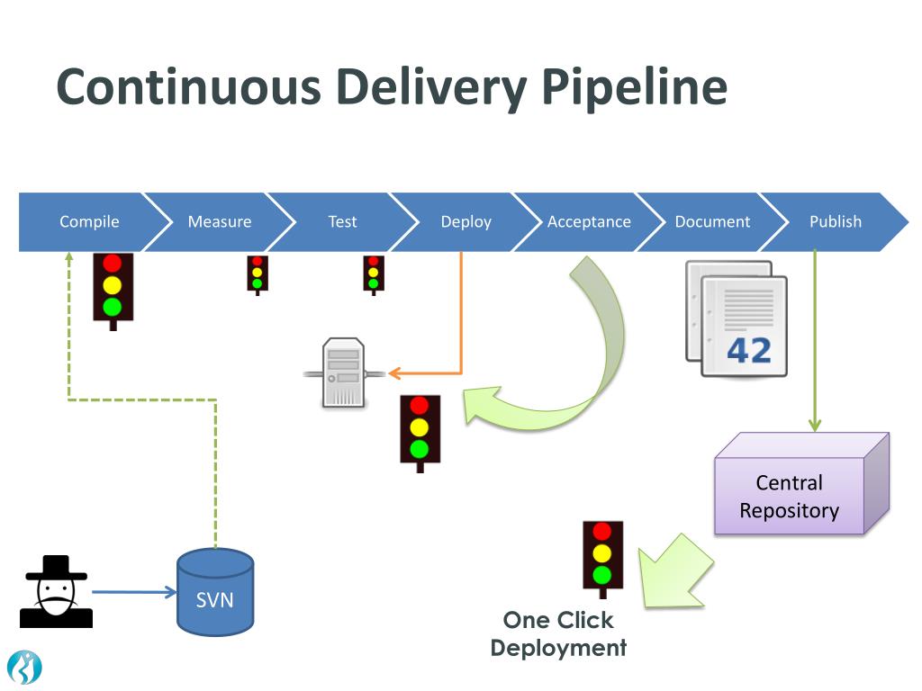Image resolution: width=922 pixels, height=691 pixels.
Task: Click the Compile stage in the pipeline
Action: [89, 221]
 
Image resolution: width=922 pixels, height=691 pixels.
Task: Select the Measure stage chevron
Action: [220, 221]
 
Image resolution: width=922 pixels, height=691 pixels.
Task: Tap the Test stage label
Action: [342, 221]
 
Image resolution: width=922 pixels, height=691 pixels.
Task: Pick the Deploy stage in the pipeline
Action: [466, 221]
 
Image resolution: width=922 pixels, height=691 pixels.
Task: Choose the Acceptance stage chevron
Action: [589, 221]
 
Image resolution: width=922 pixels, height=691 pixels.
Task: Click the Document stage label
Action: [712, 221]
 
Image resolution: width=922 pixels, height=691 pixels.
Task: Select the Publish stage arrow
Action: [835, 221]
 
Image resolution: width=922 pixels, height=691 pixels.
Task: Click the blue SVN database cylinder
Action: [215, 592]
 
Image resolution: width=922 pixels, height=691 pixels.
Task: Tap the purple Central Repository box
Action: [801, 483]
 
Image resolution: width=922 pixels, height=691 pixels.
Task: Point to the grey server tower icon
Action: [344, 372]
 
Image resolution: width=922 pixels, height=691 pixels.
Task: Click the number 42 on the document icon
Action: [748, 351]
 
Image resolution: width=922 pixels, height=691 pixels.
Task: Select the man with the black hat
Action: [56, 592]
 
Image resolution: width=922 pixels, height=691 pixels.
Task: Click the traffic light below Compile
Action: [113, 292]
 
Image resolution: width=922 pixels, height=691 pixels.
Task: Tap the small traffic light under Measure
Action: [258, 275]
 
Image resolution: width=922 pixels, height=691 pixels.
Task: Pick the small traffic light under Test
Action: [374, 275]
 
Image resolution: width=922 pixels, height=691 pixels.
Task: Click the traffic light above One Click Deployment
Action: [602, 559]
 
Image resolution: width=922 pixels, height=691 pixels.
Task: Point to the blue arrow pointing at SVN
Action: [134, 592]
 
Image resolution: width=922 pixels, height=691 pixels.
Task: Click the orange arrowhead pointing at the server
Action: [394, 372]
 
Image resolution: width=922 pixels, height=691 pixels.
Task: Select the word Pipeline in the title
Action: [634, 87]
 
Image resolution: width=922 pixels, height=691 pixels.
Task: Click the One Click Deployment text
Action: [558, 634]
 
